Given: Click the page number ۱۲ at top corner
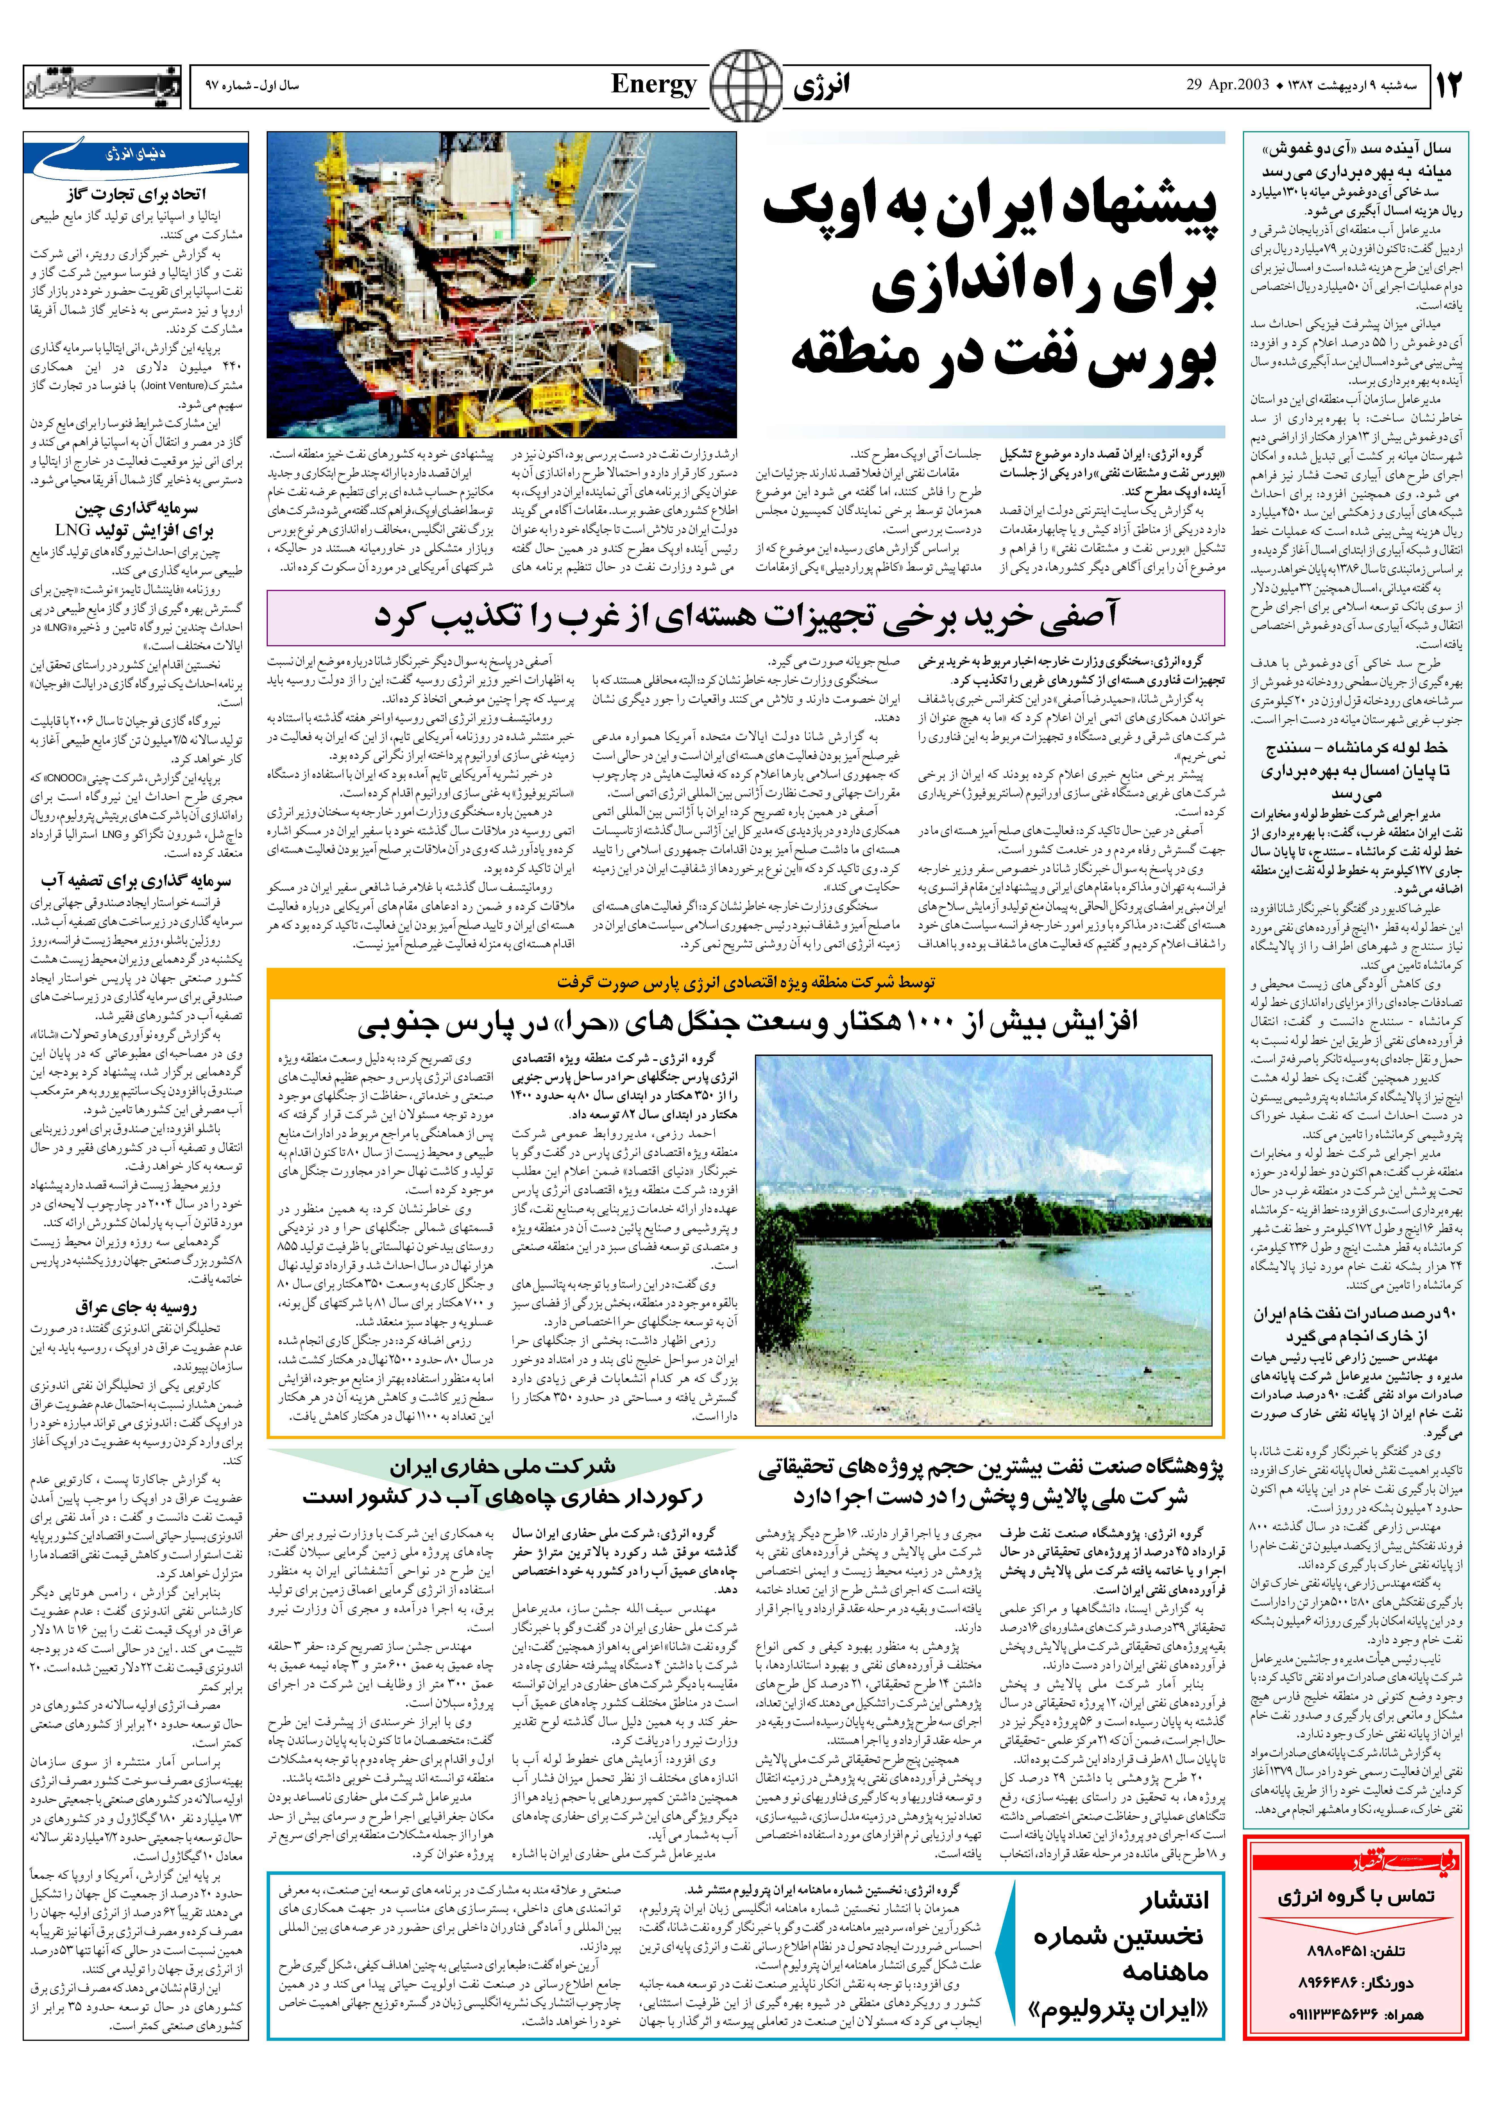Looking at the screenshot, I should pyautogui.click(x=1447, y=85).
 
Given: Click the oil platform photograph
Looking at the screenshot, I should pyautogui.click(x=502, y=285).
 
